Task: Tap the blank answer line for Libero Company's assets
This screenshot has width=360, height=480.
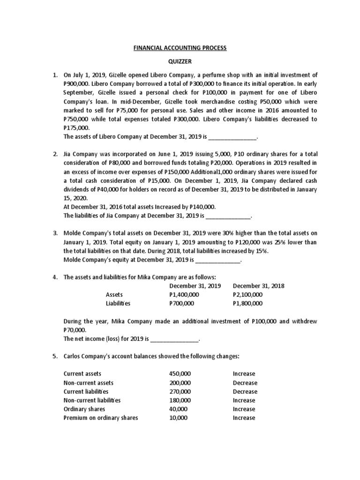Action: [x=232, y=137]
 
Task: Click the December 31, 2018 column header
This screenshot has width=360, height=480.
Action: [x=258, y=286]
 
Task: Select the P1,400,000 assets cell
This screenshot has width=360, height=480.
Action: [x=184, y=295]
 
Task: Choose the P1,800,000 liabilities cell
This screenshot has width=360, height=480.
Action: [x=247, y=304]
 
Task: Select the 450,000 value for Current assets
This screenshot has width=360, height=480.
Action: [x=180, y=374]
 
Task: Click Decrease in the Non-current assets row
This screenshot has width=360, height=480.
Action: [x=245, y=383]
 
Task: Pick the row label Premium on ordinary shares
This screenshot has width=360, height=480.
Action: [x=100, y=418]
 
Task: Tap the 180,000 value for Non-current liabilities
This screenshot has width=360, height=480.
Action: [x=180, y=400]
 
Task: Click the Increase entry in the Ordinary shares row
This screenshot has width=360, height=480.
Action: [x=244, y=409]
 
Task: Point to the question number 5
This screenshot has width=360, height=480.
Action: [x=54, y=356]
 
